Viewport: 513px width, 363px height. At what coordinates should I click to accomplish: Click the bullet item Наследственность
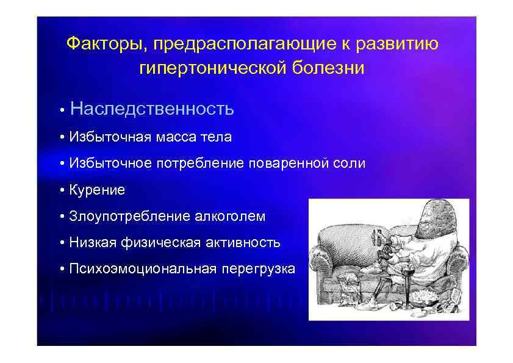tap(152, 109)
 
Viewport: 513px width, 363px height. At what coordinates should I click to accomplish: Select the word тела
tap(216, 137)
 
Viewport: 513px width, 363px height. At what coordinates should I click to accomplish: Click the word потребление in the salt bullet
tap(201, 164)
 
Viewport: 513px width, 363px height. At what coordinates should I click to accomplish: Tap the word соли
tap(350, 164)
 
